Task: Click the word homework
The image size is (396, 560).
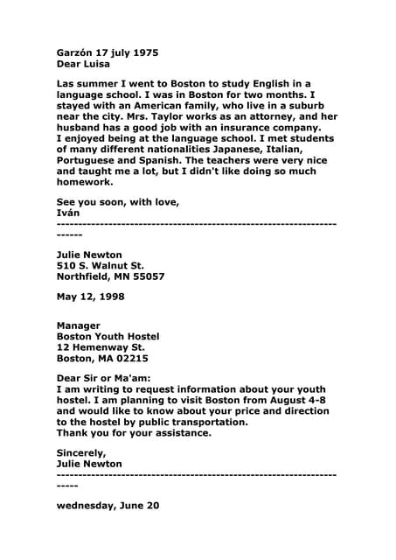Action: (85, 184)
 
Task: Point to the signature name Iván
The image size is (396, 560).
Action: (69, 214)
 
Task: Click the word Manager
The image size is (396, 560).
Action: (78, 325)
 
